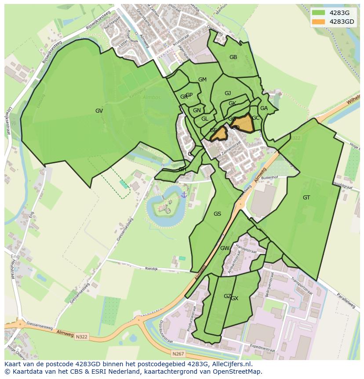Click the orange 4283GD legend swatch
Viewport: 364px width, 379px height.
point(318,22)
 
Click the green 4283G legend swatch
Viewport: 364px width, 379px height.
point(318,12)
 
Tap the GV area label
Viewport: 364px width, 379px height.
point(99,111)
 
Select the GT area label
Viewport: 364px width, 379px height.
point(306,198)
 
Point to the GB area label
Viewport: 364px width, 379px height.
point(233,57)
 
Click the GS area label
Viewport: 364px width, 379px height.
point(217,214)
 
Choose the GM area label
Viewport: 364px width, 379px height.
point(202,80)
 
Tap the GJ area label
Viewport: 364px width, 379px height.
point(228,93)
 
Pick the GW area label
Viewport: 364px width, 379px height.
point(225,248)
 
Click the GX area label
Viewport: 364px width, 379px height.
point(235,298)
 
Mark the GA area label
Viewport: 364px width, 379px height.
point(264,108)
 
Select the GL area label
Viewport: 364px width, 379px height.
point(205,119)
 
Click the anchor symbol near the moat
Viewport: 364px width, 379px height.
point(184,194)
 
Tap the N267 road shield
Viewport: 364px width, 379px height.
point(178,353)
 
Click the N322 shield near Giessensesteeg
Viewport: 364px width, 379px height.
point(81,337)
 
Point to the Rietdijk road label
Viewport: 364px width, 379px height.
point(151,268)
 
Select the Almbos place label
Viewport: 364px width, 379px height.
point(152,97)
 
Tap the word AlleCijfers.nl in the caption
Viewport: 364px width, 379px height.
point(230,364)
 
